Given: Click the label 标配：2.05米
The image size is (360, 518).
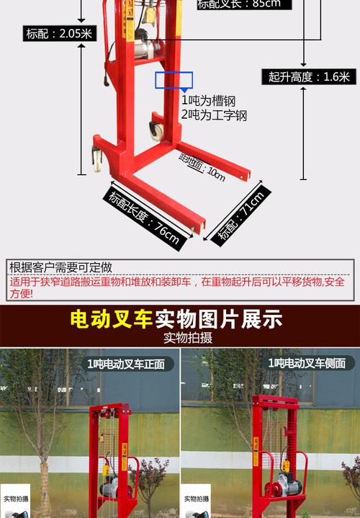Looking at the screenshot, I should click(58, 33).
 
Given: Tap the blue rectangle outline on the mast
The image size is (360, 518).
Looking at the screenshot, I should click(174, 80).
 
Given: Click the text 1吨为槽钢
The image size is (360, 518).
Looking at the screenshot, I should click(208, 101).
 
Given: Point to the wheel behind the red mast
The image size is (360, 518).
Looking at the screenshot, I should click(155, 130).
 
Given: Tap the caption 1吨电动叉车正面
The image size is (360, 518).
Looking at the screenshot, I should click(125, 364).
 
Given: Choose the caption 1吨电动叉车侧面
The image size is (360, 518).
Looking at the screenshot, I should click(306, 364).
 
